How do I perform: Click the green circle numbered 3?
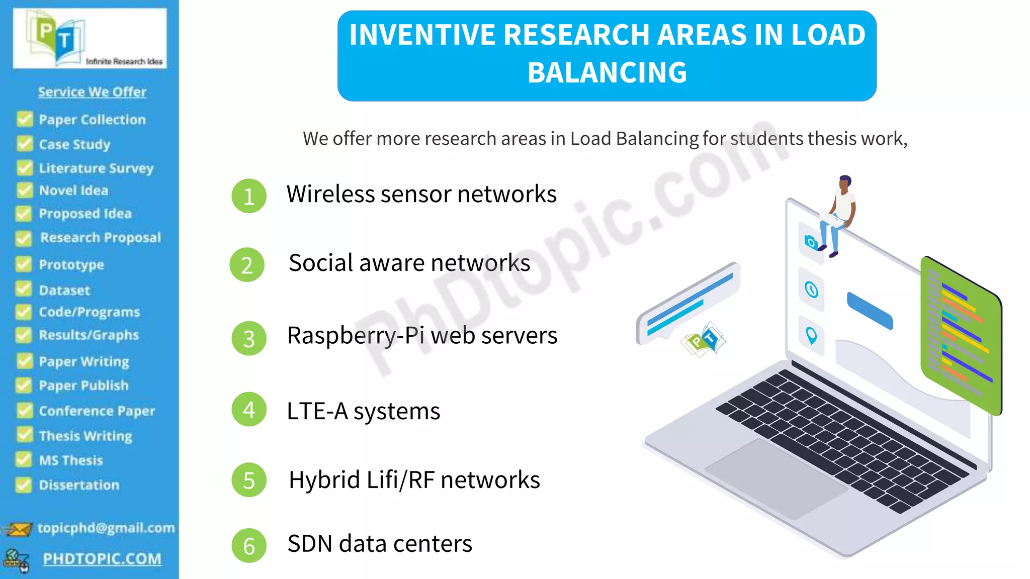pyautogui.click(x=248, y=338)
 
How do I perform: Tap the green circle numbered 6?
pyautogui.click(x=248, y=545)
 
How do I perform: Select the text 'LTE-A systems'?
pyautogui.click(x=363, y=411)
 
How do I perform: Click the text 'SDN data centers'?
pyautogui.click(x=380, y=544)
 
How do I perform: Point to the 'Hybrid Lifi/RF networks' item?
pyautogui.click(x=414, y=480)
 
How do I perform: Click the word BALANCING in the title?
pyautogui.click(x=607, y=72)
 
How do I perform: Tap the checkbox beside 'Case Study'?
pyautogui.click(x=24, y=144)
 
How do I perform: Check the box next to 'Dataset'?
pyautogui.click(x=24, y=289)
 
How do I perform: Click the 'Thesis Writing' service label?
pyautogui.click(x=85, y=436)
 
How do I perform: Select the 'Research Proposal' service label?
pyautogui.click(x=101, y=238)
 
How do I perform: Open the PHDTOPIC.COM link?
pyautogui.click(x=102, y=559)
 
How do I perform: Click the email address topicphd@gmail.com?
pyautogui.click(x=106, y=528)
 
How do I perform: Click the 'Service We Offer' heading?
pyautogui.click(x=92, y=92)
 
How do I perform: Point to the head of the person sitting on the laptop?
pyautogui.click(x=845, y=182)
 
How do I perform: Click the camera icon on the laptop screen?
pyautogui.click(x=811, y=242)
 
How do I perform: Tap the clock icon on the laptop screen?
pyautogui.click(x=811, y=289)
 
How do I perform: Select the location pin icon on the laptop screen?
pyautogui.click(x=811, y=335)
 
